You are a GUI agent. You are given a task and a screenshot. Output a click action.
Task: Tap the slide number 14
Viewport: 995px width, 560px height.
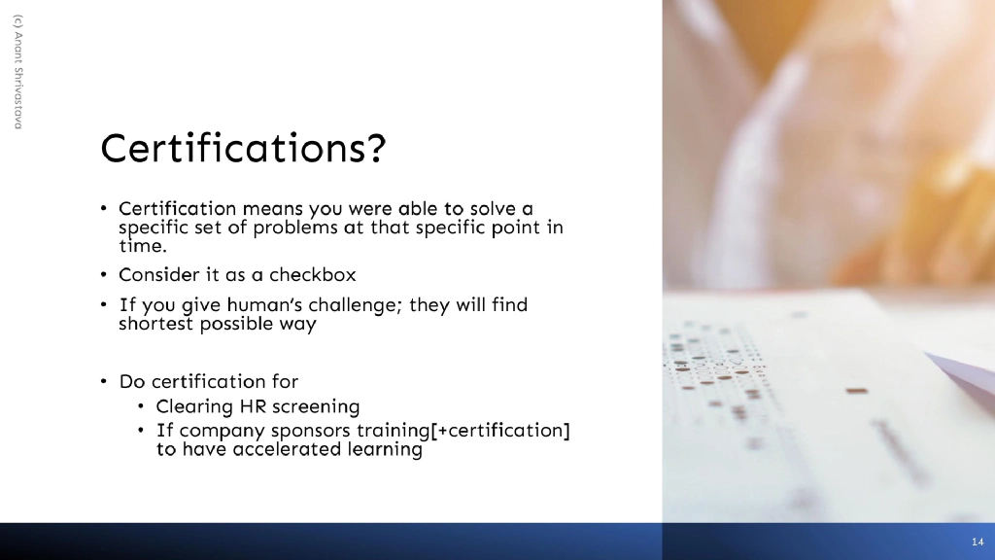(x=977, y=541)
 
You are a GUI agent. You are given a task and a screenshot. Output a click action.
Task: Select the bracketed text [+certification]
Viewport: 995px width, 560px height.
(x=497, y=430)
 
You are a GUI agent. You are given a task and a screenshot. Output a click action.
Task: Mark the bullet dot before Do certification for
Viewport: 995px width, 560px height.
(x=103, y=381)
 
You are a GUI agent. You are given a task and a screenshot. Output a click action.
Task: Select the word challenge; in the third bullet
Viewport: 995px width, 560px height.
(x=360, y=305)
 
